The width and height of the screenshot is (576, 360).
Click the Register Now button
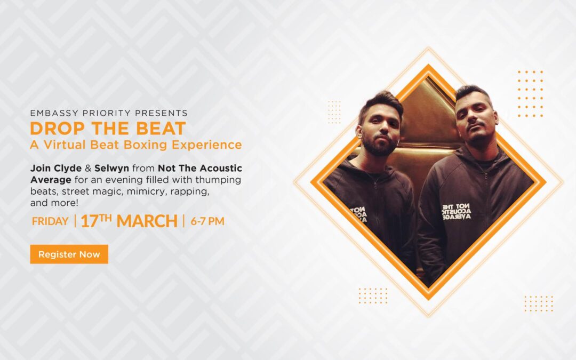click(69, 254)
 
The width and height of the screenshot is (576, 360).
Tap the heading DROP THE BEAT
click(108, 129)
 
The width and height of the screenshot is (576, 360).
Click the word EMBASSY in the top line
click(51, 113)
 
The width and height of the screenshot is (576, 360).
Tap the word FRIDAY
click(50, 221)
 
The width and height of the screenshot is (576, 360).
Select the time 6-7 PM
click(207, 221)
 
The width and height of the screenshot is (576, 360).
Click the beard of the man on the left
click(380, 145)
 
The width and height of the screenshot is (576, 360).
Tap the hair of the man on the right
click(471, 94)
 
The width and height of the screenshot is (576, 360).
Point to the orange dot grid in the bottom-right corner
click(538, 303)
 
